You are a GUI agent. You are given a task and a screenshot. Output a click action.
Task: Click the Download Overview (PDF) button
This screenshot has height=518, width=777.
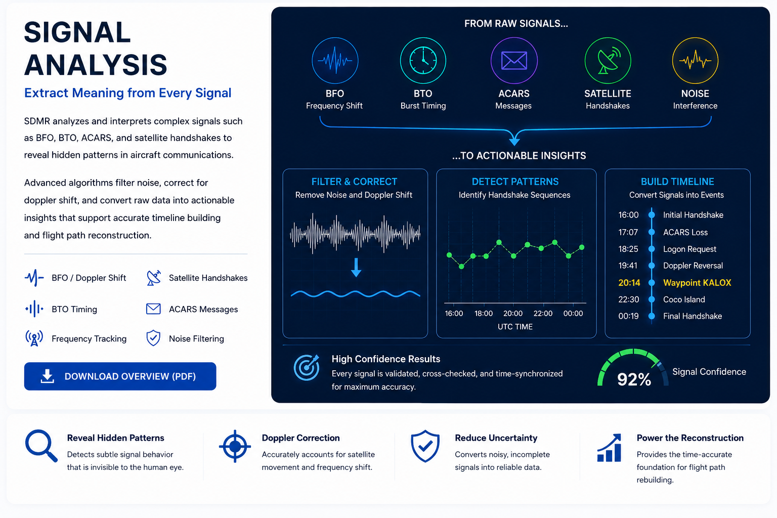[x=120, y=376]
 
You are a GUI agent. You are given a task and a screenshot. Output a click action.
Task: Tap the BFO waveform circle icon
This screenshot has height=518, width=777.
[x=335, y=60]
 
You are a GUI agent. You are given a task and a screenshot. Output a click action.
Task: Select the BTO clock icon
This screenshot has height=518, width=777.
[x=423, y=60]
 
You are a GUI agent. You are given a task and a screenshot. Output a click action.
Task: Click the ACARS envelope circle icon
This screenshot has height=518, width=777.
[x=514, y=60]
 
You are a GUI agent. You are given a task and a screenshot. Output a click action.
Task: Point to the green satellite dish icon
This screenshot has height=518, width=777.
[x=608, y=60]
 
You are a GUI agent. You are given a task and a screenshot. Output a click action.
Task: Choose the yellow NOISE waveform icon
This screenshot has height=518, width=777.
[x=695, y=60]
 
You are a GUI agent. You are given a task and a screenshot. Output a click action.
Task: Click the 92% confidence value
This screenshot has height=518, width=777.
[x=634, y=379]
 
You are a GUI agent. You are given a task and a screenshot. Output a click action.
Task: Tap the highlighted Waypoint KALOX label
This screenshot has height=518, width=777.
[x=697, y=283]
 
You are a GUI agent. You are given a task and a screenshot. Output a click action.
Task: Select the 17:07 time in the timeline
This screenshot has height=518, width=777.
[x=628, y=232]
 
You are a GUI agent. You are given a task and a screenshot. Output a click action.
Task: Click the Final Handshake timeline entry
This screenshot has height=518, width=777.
[x=693, y=316]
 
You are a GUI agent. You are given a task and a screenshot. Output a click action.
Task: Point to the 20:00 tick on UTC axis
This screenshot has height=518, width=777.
[x=512, y=313]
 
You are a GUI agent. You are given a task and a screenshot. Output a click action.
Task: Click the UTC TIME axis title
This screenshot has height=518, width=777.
[x=515, y=326]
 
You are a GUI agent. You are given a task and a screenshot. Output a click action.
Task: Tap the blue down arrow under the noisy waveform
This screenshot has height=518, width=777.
[x=356, y=267]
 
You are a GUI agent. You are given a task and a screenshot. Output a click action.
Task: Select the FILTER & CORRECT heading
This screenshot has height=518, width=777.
[x=354, y=182]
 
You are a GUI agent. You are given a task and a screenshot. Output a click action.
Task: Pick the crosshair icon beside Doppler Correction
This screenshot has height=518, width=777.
[x=235, y=446]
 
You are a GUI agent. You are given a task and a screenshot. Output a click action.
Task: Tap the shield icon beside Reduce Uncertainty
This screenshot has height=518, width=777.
[x=425, y=446]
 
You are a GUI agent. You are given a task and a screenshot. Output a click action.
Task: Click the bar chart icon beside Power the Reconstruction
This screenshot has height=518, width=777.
[x=609, y=448]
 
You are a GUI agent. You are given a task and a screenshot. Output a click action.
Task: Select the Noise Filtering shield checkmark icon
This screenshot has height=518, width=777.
[x=153, y=338]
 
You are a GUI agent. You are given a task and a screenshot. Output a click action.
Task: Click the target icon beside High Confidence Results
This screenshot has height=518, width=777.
[x=307, y=367]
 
